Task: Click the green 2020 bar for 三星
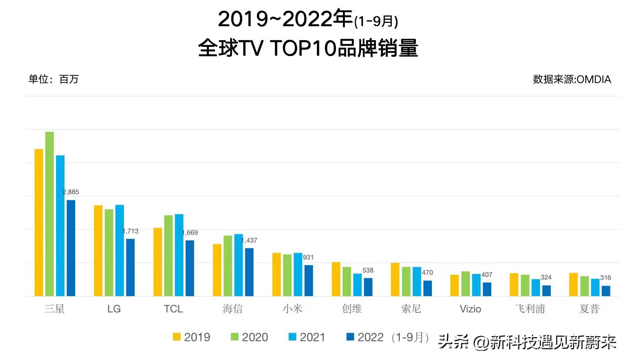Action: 49,214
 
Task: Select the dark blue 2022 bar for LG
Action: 130,267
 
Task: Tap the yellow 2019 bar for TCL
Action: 157,262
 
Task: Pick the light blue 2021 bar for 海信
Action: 239,265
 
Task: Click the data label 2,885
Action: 71,192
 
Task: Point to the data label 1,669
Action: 190,233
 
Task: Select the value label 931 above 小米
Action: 308,257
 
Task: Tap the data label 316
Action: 605,278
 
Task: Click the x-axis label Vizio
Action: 470,309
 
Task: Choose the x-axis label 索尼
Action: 411,309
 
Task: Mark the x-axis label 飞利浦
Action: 530,309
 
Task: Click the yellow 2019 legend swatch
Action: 177,337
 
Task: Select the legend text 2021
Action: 312,337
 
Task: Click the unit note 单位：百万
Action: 54,79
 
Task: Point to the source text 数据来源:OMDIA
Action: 572,79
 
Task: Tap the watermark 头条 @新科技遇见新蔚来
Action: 527,342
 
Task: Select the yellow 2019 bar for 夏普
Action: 573,284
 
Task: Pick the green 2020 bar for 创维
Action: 347,281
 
